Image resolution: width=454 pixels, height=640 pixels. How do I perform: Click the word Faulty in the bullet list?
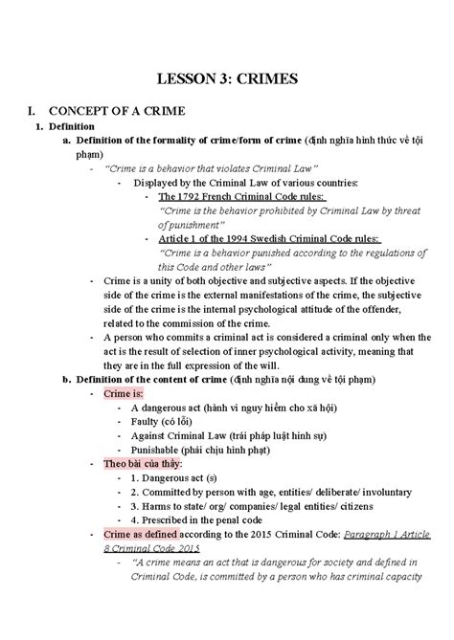[x=132, y=421]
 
